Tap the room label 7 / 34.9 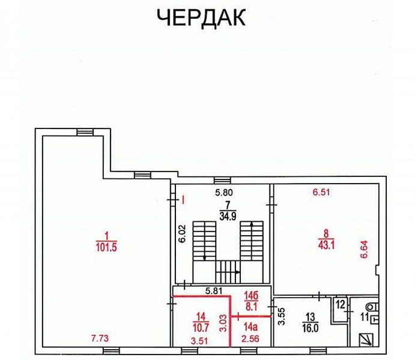[x=228, y=211]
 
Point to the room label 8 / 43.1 [x=327, y=238]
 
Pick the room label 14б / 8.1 [x=250, y=299]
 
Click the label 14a [x=250, y=327]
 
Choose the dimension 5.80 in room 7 [x=226, y=193]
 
